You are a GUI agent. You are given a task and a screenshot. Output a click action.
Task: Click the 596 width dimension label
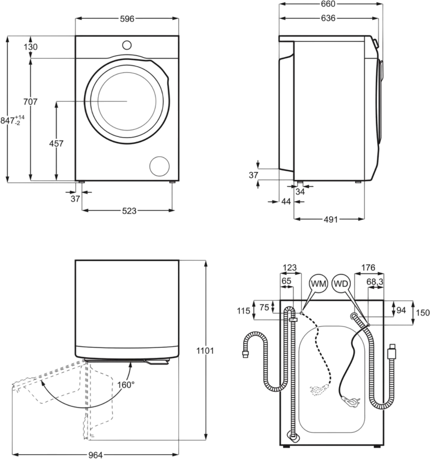[x=127, y=18]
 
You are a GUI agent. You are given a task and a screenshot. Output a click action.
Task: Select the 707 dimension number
[x=30, y=102]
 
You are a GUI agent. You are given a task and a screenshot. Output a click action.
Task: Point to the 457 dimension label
[x=57, y=144]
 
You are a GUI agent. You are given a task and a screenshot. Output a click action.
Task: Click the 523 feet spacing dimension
[x=129, y=211]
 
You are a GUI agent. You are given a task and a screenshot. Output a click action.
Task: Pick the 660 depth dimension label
[x=328, y=4]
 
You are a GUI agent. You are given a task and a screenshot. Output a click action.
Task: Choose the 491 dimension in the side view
[x=330, y=219]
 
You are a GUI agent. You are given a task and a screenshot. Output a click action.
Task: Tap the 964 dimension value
[x=95, y=455]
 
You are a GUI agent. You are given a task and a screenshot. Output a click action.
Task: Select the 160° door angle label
[x=125, y=385]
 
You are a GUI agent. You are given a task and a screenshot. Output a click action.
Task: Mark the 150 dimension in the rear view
[x=423, y=313]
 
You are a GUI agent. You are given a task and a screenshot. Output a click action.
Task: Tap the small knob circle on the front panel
[x=127, y=45]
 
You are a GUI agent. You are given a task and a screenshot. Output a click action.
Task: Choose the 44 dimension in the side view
[x=285, y=201]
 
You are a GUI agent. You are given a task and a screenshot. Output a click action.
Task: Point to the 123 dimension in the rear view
[x=290, y=268]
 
